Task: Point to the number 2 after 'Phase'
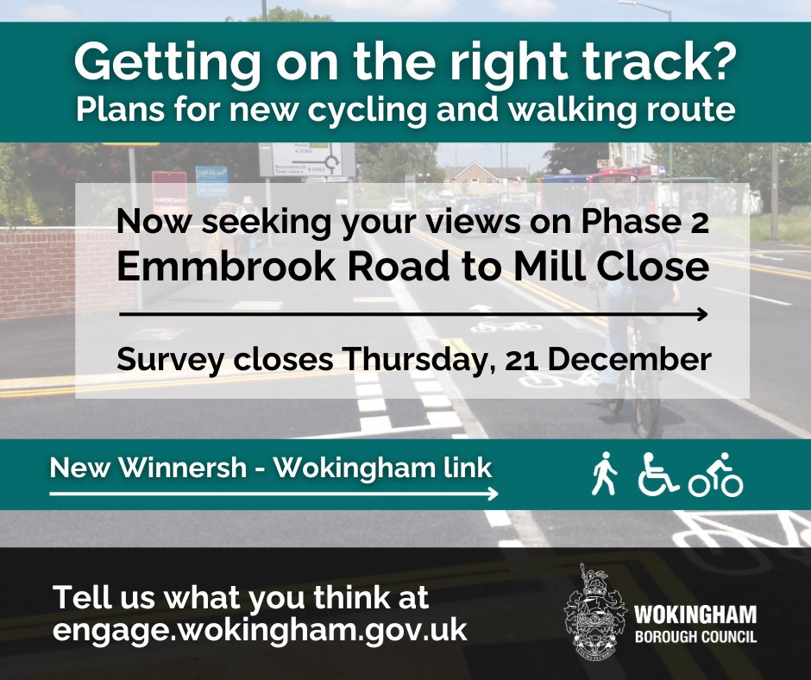(x=700, y=223)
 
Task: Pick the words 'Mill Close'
(x=612, y=266)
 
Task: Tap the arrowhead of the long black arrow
(x=702, y=314)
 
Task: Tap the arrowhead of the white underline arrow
(x=493, y=494)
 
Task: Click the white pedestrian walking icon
(x=604, y=474)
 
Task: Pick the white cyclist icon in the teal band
(x=716, y=475)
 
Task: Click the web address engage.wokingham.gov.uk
(x=260, y=630)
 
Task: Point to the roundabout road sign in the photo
(x=307, y=160)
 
